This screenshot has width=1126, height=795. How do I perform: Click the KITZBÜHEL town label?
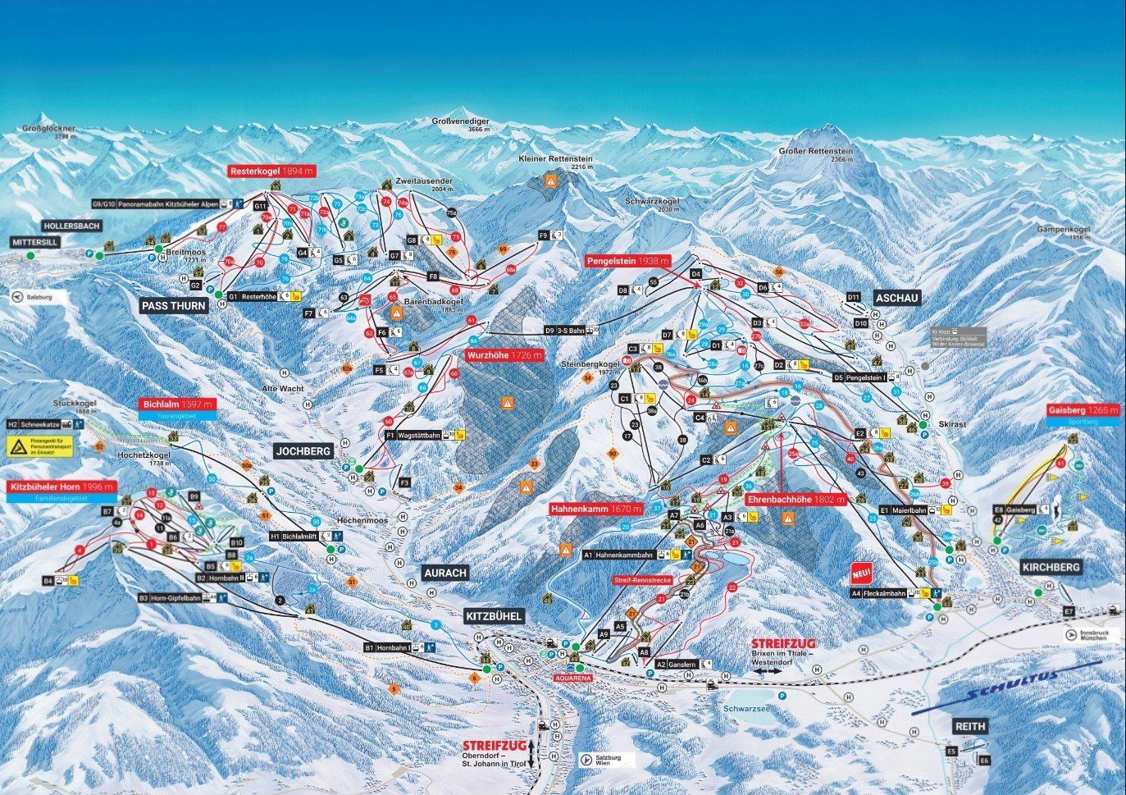coord(494,616)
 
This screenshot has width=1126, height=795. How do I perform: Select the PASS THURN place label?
coord(175,305)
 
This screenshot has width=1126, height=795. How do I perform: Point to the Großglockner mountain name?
coord(49,129)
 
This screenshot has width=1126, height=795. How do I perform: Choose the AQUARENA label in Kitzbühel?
coord(573,678)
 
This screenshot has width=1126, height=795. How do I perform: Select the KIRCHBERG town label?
coord(1051,567)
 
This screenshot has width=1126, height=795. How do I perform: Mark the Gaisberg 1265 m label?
coord(1083,409)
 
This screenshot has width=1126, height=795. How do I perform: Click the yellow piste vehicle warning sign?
coord(18,446)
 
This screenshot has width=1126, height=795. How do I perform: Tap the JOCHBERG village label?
coord(303,450)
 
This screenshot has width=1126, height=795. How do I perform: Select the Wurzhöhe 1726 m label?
coord(504,356)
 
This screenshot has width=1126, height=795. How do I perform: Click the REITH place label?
coord(969,726)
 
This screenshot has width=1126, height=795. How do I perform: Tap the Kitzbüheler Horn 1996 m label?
coord(62,487)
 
